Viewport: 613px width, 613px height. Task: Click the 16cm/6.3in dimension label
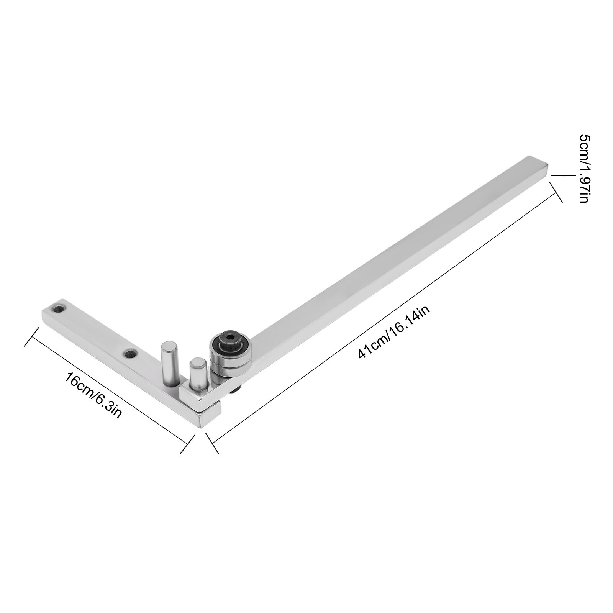pos(93,395)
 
